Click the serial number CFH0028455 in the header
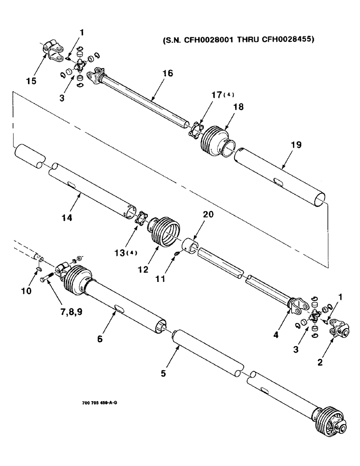(x=287, y=40)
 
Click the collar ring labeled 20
(x=191, y=245)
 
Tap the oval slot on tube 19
(x=280, y=180)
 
